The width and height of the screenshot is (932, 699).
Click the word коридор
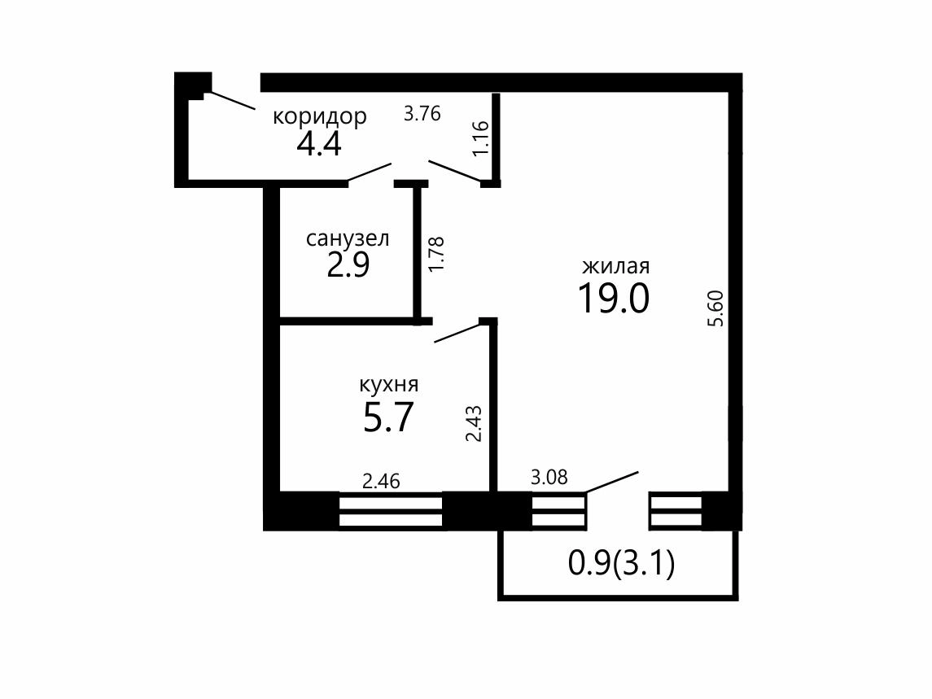coord(320,117)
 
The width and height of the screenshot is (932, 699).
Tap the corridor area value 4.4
coord(319,143)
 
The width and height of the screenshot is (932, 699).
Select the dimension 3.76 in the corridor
coord(422,113)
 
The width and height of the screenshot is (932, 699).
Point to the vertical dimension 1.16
coord(480,138)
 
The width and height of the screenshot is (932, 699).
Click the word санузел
coord(348,238)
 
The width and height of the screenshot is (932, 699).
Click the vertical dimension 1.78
coord(436,255)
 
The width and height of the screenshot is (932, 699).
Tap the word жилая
coord(616,266)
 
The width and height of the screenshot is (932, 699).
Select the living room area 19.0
coord(614,298)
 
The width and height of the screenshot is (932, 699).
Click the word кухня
coord(389,385)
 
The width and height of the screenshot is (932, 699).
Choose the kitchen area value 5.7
coord(388,417)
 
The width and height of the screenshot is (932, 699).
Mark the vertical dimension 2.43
coord(473,424)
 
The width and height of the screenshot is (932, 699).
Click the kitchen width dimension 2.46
coord(381,480)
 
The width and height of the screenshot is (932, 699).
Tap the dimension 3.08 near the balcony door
coord(549,477)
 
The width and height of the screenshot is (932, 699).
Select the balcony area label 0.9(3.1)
coord(622,563)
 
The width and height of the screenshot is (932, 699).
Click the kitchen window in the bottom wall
coord(391,512)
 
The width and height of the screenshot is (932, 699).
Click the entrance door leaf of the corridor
coord(234,101)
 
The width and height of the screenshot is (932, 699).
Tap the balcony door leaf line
coord(612,482)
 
